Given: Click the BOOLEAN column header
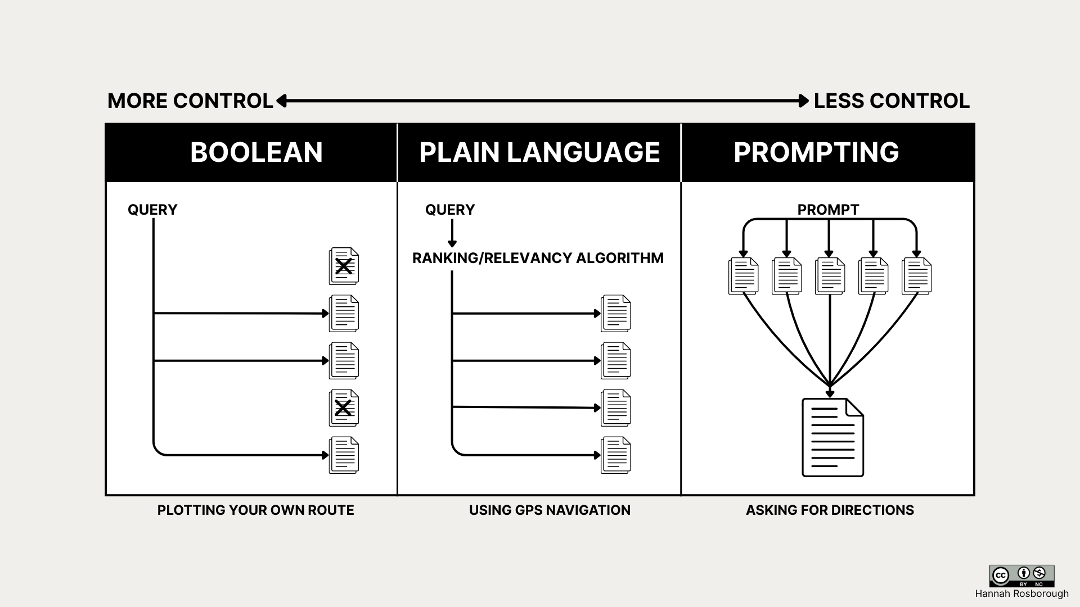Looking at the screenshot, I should point(256,152).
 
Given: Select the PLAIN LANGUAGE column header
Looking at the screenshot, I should point(539,152).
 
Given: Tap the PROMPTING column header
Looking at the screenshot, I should point(816,152).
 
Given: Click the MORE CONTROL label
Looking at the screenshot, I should point(190,101).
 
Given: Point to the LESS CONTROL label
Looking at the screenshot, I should point(892,101).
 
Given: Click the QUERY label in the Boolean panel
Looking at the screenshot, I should point(152,210).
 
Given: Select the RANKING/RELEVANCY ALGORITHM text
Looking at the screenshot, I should point(538,258).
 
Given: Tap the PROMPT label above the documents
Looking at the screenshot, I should point(828,210).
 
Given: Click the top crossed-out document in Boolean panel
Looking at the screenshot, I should point(344,266).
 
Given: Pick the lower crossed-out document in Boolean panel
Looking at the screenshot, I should point(344,407).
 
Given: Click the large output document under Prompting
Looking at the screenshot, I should point(832,437).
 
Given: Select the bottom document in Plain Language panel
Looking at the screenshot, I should point(616,455).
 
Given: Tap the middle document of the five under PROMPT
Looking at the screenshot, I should point(830,276).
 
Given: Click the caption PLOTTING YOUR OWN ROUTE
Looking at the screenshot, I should point(256,510).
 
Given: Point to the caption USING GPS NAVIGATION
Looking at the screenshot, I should point(550,510).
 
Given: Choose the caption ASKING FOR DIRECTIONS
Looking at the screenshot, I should point(830,510).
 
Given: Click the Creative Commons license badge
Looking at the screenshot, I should point(1021,576).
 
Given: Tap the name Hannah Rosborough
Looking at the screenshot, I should point(1021,594).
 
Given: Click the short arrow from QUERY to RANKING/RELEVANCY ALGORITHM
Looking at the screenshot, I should point(452,233).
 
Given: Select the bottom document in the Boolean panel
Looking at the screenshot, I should point(344,455).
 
